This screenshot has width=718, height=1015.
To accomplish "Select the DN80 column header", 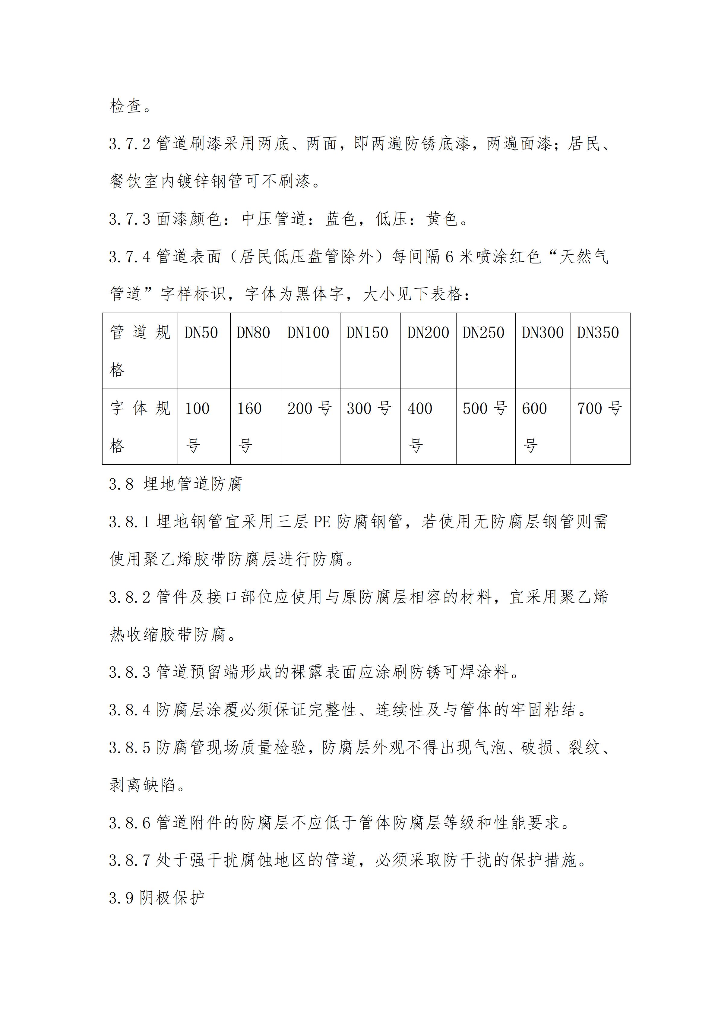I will (253, 333).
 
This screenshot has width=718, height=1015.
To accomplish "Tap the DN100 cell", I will (308, 333).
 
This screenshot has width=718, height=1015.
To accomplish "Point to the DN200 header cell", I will (428, 333).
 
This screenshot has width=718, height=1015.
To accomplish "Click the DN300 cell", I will (542, 333).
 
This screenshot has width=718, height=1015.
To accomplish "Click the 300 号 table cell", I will (369, 408).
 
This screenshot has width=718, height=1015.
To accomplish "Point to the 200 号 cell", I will (309, 408).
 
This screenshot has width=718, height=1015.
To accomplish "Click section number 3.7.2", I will (130, 144).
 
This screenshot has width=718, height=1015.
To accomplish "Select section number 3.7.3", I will (130, 219).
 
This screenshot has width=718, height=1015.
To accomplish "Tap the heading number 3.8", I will (121, 484).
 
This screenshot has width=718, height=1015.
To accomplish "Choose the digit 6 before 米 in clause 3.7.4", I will (449, 257).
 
